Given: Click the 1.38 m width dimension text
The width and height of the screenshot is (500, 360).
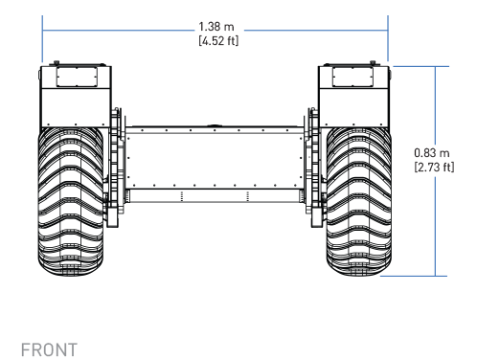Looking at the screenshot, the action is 216,27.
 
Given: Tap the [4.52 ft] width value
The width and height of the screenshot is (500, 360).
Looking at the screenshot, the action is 218,41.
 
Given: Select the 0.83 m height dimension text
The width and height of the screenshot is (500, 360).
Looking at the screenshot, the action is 432,153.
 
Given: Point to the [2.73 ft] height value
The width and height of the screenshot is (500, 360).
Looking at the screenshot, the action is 434,168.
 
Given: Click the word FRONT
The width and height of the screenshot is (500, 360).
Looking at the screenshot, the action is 49,349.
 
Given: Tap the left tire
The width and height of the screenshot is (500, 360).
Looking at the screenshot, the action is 71,201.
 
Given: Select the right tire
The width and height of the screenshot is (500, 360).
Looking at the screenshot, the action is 359,201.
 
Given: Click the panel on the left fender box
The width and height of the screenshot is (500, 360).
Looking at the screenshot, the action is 77,77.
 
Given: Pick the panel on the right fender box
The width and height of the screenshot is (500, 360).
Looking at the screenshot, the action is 352,77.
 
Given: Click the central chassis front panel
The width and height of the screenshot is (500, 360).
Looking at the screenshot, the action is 215,161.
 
